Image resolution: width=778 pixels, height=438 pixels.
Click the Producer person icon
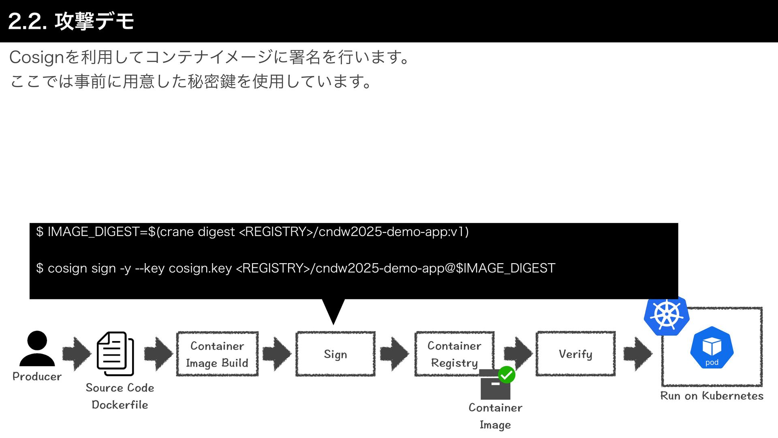point(37,349)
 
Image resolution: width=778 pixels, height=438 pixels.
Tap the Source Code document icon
point(115,354)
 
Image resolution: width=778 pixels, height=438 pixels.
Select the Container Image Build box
point(217,354)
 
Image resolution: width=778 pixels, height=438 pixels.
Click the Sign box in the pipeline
point(336,354)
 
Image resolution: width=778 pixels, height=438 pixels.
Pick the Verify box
point(575,354)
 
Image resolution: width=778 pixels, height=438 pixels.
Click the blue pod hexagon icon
point(712,348)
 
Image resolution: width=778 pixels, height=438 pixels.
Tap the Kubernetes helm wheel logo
point(666,316)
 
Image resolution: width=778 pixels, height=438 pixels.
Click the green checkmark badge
point(507,375)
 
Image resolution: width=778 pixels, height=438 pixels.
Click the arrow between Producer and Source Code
point(77,354)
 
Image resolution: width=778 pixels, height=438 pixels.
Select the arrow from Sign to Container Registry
point(394,354)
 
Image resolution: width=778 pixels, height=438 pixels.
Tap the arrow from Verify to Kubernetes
point(637,354)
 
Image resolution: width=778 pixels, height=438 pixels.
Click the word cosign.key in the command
point(200,268)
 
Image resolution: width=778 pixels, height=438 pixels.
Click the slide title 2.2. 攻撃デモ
point(71,21)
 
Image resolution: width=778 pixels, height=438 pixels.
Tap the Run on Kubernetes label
point(712,396)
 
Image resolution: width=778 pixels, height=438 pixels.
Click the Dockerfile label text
point(120,405)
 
